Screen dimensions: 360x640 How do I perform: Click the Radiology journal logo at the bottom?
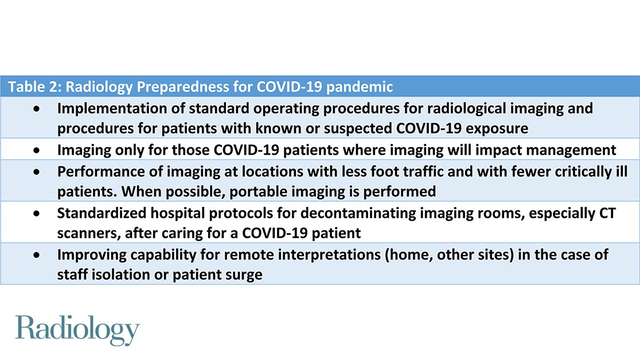(x=77, y=330)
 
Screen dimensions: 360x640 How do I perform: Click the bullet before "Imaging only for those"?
(x=37, y=150)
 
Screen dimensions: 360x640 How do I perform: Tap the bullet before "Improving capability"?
(x=37, y=255)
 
